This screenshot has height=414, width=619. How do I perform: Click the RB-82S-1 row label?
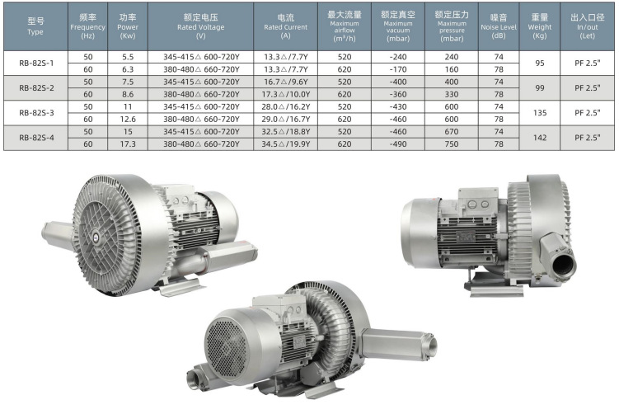[x=36, y=63]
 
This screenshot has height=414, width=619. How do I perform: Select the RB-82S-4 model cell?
[x=36, y=138]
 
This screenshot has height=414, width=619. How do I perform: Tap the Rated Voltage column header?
[x=200, y=26]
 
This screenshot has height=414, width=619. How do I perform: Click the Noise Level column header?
[x=499, y=26]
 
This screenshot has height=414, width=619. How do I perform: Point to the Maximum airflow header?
[x=345, y=26]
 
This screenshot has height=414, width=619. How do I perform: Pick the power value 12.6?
[x=128, y=120]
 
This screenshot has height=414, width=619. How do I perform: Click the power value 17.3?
[x=128, y=144]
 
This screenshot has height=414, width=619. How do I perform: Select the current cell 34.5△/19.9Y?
[x=285, y=144]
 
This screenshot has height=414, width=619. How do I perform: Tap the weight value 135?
[x=540, y=113]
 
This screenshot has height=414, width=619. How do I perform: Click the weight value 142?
[x=540, y=138]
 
